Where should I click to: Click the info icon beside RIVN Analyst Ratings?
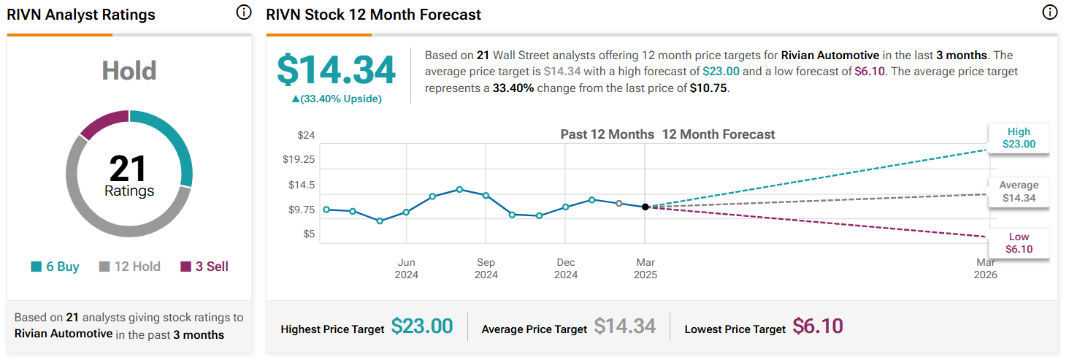(x=244, y=13)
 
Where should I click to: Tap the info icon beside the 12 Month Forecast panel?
(x=1049, y=12)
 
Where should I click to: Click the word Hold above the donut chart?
(x=129, y=71)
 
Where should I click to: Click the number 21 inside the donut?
(x=129, y=169)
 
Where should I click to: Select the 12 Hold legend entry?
(x=129, y=267)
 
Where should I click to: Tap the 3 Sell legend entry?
(x=204, y=267)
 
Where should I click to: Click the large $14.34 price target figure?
(x=336, y=70)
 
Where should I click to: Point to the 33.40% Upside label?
(x=337, y=99)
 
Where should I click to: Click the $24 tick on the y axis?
(x=306, y=135)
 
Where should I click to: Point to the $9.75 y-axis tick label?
(x=301, y=210)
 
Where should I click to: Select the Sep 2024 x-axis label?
(x=486, y=268)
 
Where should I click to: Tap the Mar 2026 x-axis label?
(x=986, y=268)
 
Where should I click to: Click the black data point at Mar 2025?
(x=645, y=207)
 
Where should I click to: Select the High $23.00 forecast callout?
(x=1019, y=138)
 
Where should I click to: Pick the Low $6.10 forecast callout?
(x=1019, y=243)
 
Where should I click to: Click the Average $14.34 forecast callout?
(x=1019, y=191)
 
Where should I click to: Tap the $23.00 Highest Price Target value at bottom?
(x=422, y=326)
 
